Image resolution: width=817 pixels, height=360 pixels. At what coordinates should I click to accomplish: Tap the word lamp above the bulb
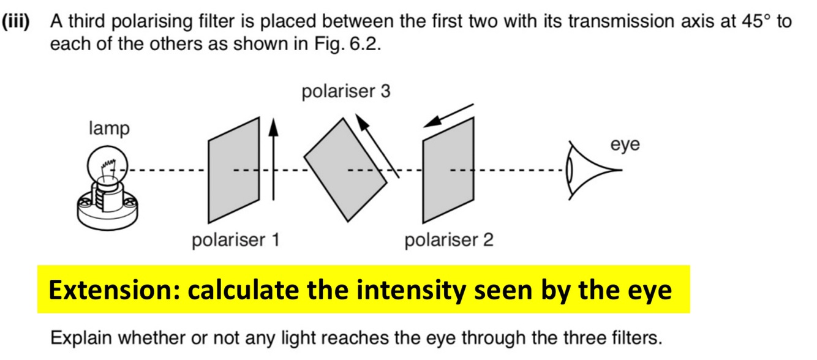click(109, 129)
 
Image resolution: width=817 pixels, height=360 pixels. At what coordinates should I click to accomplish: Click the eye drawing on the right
click(582, 170)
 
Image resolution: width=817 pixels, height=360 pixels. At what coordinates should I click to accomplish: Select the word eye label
click(625, 145)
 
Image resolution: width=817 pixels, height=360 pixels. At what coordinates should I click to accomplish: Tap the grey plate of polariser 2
click(447, 170)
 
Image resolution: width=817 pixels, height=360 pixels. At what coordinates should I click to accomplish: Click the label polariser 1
click(236, 240)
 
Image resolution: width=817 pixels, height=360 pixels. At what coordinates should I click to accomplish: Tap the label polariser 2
click(449, 240)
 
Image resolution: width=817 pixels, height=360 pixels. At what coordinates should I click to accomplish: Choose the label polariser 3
click(345, 92)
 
